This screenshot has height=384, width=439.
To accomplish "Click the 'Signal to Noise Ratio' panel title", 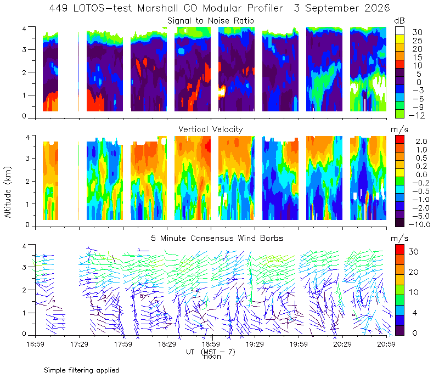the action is [211, 21].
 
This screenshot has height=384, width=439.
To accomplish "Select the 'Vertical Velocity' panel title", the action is [211, 129].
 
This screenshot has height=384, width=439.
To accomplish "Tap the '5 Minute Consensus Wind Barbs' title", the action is [217, 238].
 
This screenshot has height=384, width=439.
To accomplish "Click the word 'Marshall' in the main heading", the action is [157, 8].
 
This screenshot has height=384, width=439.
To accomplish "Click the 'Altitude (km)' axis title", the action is [8, 192].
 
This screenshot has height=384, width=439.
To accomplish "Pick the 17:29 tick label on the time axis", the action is [79, 344].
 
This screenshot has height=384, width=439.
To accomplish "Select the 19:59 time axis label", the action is [299, 344].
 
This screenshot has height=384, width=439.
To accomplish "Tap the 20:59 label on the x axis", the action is [386, 344].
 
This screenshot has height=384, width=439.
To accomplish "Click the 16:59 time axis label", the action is [35, 344].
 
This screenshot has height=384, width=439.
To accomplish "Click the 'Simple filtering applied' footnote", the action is [81, 371].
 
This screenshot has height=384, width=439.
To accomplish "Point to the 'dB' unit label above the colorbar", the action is [399, 21].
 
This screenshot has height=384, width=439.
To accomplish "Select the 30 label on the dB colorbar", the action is [417, 32].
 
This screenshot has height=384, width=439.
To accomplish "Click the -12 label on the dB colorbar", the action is [417, 116].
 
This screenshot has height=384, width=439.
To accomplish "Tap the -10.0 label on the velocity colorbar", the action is [419, 224].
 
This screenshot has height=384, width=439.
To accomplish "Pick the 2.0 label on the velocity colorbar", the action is [421, 142].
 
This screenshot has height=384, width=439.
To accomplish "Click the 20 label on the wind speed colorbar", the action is [413, 272].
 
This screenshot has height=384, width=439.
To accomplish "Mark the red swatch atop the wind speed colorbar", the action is [399, 250].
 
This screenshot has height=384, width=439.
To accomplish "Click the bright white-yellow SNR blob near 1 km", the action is [222, 91].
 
